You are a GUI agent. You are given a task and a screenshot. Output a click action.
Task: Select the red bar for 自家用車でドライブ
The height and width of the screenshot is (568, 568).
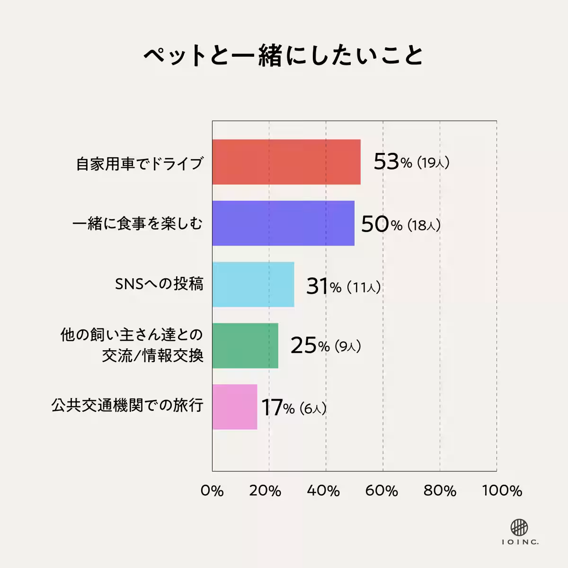pos(286,162)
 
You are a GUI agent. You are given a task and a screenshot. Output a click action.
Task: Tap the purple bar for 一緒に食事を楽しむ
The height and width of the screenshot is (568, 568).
pos(283,223)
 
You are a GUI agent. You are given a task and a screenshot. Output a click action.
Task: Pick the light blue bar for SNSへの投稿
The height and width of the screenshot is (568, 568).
pos(253,284)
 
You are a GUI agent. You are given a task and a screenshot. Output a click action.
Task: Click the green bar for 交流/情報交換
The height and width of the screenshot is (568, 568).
pos(245,346)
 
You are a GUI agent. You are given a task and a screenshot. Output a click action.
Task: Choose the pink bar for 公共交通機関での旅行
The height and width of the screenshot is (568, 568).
pos(234,407)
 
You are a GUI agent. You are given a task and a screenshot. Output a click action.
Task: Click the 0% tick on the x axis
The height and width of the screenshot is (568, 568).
pos(212,491)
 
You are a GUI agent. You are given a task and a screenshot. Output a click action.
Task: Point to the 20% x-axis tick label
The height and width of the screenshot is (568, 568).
pos(266,491)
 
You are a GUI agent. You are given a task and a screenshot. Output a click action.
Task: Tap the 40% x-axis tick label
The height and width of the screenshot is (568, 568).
pos(324,491)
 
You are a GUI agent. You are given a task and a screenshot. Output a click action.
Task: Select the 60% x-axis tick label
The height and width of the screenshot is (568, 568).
pos(382,491)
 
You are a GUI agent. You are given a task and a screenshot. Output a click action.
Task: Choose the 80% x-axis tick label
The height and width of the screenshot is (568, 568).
pos(440,491)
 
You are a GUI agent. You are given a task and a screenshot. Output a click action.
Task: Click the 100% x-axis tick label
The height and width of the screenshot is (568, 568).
pos(502,491)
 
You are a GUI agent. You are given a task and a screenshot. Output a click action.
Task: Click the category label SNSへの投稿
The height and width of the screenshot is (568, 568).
pos(159,284)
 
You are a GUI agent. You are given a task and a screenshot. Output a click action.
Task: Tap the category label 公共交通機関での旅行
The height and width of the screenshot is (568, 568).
pos(127,406)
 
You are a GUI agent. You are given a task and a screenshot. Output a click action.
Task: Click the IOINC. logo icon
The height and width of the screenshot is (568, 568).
pos(519,527)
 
